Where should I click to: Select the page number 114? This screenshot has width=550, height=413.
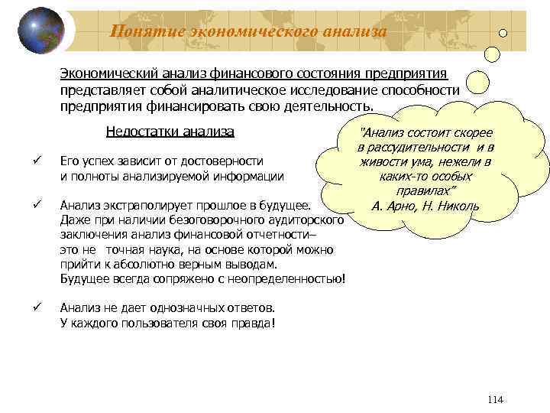point(494,400)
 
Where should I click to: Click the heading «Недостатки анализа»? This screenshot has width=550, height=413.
point(170,131)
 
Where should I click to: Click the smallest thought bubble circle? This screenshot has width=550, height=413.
point(503,33)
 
